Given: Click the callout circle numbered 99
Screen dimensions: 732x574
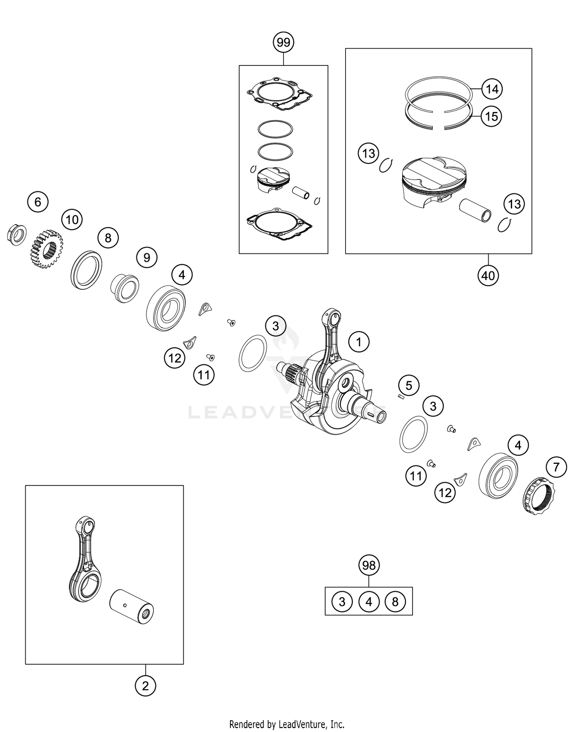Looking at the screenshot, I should (x=283, y=42).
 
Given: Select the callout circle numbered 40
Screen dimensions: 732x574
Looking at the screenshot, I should (x=488, y=275).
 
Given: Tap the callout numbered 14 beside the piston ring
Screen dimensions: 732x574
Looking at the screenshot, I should (x=492, y=89).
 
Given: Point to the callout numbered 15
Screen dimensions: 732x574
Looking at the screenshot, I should (x=491, y=116).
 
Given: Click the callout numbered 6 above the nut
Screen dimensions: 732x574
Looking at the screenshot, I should (x=38, y=202).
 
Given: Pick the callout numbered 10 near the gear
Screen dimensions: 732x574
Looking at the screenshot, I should (x=72, y=220).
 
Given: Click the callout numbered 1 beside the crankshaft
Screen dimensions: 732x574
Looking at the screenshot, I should (x=359, y=342).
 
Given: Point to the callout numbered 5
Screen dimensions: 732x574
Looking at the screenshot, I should (x=409, y=385).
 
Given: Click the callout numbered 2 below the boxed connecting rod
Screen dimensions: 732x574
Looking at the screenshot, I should (x=145, y=686).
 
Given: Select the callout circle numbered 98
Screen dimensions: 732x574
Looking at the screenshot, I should (x=369, y=565).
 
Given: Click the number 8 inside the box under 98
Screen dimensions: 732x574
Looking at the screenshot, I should (x=395, y=602).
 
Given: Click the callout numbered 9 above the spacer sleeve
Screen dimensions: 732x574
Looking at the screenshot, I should (x=147, y=258).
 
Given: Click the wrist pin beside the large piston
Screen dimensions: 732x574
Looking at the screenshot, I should (x=475, y=210).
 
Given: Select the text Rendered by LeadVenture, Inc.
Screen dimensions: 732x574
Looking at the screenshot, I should (x=287, y=724).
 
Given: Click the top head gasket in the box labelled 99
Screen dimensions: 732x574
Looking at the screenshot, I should (x=279, y=95).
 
